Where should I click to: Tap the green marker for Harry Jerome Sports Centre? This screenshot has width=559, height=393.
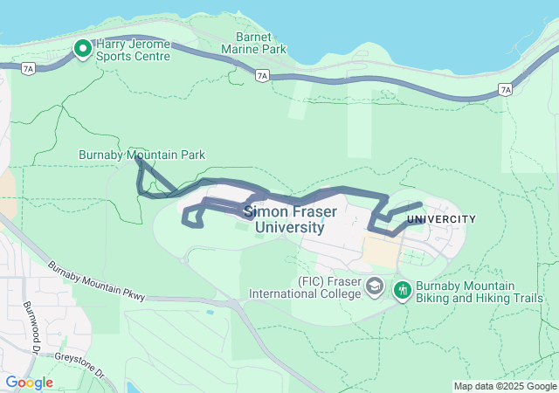(x=84, y=49)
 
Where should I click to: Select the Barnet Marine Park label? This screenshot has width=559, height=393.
(x=261, y=44)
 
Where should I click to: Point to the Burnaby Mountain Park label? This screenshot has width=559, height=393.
(x=141, y=155)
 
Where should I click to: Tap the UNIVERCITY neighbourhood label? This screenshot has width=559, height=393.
(x=442, y=219)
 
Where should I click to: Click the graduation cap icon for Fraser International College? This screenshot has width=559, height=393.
(x=375, y=286)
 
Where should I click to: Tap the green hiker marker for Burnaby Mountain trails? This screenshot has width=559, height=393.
(x=403, y=287)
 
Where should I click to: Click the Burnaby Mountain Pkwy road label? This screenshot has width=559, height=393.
(x=95, y=281)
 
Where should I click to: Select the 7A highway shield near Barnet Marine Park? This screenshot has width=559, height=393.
(x=262, y=76)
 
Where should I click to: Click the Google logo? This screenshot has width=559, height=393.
(x=29, y=383)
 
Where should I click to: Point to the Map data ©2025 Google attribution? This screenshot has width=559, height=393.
(x=504, y=387)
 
